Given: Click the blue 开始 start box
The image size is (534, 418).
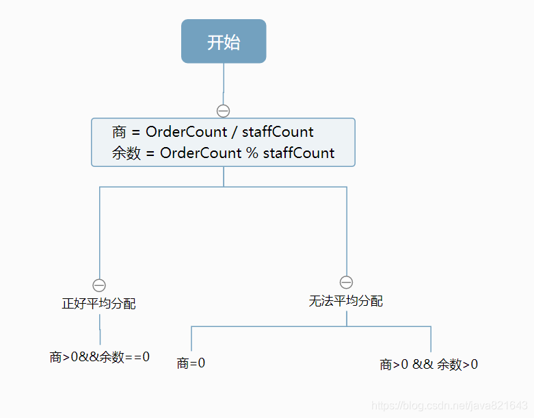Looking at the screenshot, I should coord(224,42).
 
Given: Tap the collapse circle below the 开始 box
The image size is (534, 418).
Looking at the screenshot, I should coord(223,111).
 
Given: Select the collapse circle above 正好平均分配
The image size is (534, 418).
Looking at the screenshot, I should coord(99,285).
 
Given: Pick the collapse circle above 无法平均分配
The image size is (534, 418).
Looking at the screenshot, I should coord(346,283).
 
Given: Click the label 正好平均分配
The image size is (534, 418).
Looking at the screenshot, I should coord(99,304).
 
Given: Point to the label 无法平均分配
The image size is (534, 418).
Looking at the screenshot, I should coord(346,301).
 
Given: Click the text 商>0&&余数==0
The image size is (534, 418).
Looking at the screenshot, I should coord(100,356).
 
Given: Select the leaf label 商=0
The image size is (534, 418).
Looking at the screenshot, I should coord(191,363).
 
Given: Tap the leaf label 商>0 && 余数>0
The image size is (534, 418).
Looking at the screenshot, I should coord(429,365).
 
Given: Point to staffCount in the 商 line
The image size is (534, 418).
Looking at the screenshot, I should coord(278,132).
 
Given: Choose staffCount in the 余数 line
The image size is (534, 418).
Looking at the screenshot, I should coord(299,153).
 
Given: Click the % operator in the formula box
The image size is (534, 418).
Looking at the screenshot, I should coord(252,153).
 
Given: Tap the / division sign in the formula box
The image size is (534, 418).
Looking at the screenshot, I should coord(234,132).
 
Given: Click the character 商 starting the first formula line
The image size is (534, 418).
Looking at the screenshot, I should coord(120,132).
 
